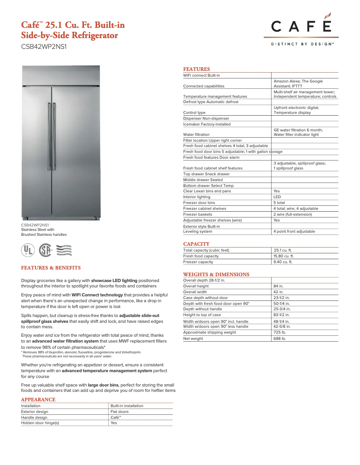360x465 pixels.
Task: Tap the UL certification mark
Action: tap(29, 250)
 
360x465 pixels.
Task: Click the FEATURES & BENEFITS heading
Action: tap(51, 268)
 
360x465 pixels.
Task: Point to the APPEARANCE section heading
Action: tap(38, 400)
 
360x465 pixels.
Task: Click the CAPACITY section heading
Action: tap(196, 244)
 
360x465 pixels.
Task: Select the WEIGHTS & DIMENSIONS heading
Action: tap(216, 274)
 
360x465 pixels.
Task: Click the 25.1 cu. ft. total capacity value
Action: tap(283, 250)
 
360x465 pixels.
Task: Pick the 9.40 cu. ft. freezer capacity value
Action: tap(283, 262)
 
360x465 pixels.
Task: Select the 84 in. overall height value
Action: tap(278, 286)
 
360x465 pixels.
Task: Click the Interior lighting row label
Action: tap(197, 197)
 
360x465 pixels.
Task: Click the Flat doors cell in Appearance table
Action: tap(119, 412)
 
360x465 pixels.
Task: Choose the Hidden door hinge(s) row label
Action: tap(40, 423)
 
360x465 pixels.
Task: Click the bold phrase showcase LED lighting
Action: tap(114, 280)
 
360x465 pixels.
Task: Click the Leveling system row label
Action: tap(198, 232)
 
